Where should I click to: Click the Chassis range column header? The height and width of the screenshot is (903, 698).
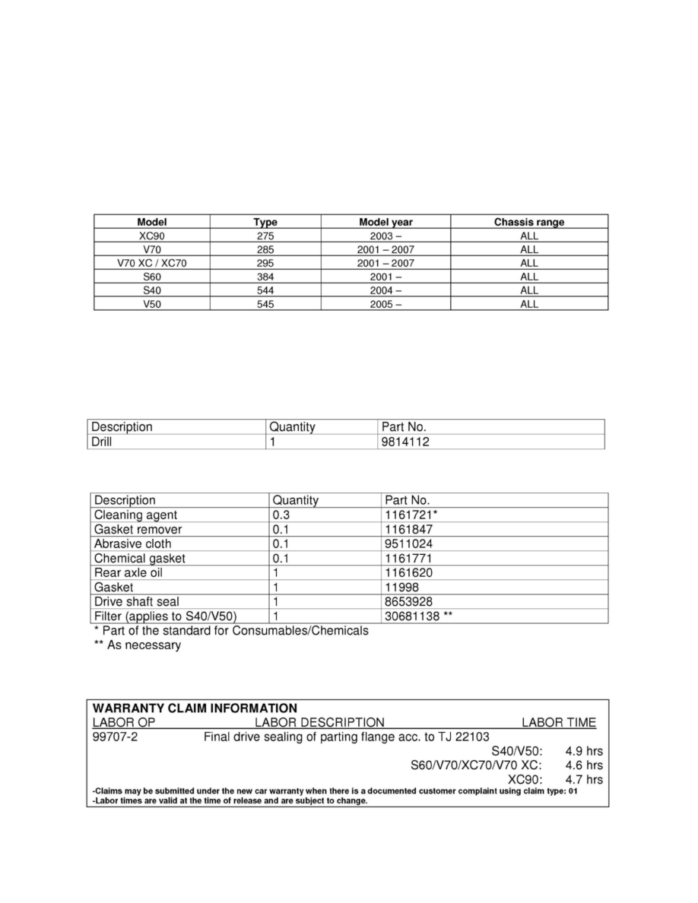click(528, 222)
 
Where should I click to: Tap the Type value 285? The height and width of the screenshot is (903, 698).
click(265, 249)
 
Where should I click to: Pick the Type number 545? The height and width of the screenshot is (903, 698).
click(265, 304)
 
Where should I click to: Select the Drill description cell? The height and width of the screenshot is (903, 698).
click(101, 442)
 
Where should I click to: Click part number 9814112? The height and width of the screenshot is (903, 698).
click(404, 442)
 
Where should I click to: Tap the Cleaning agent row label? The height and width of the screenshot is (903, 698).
click(135, 515)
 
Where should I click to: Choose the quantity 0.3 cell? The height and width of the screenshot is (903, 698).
click(282, 515)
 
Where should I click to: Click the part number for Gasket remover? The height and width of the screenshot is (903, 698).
click(409, 529)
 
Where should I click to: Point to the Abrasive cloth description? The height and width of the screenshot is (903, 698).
click(132, 543)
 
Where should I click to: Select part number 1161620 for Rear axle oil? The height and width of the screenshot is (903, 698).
click(409, 572)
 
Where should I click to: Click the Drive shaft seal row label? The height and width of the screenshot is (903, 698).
click(136, 601)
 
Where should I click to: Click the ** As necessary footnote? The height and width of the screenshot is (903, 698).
click(137, 645)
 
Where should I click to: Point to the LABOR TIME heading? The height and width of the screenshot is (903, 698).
click(558, 722)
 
